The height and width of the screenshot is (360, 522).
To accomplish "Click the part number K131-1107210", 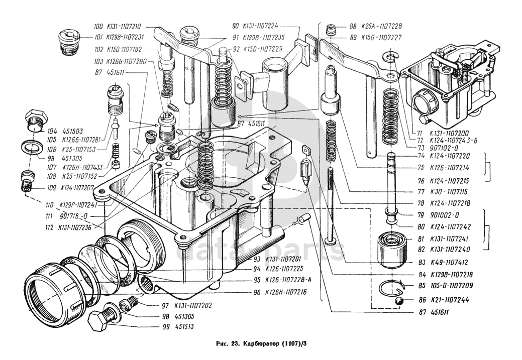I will coord(124,27).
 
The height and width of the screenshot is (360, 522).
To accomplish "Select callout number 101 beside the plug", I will coord(97,37).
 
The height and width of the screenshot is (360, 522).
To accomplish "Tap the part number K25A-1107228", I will coord(383,26).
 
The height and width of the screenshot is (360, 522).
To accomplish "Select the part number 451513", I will coord(185,327).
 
